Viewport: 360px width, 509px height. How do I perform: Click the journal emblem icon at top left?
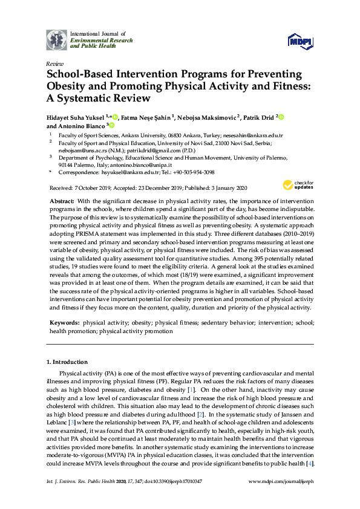point(56,39)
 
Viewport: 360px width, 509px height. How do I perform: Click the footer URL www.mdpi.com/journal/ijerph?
point(281,481)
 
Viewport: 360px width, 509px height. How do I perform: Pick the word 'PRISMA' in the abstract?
point(80,231)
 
